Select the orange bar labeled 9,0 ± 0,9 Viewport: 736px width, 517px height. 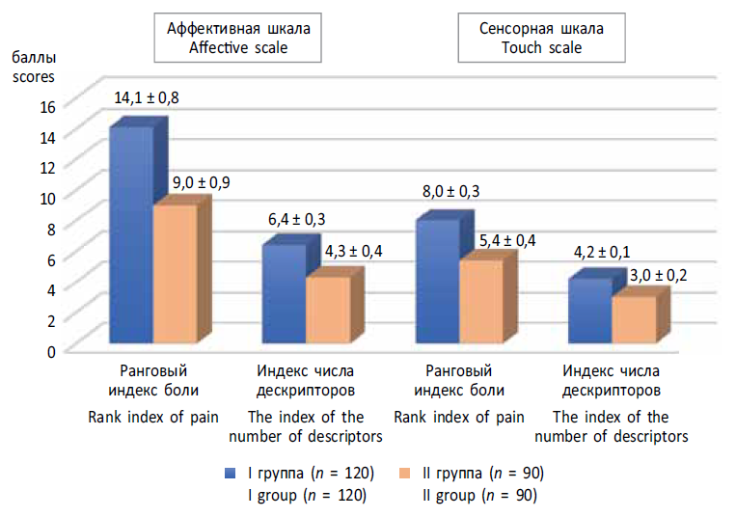point(175,274)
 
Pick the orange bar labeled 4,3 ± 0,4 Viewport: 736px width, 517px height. point(327,310)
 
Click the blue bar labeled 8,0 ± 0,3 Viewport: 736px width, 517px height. point(437,281)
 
